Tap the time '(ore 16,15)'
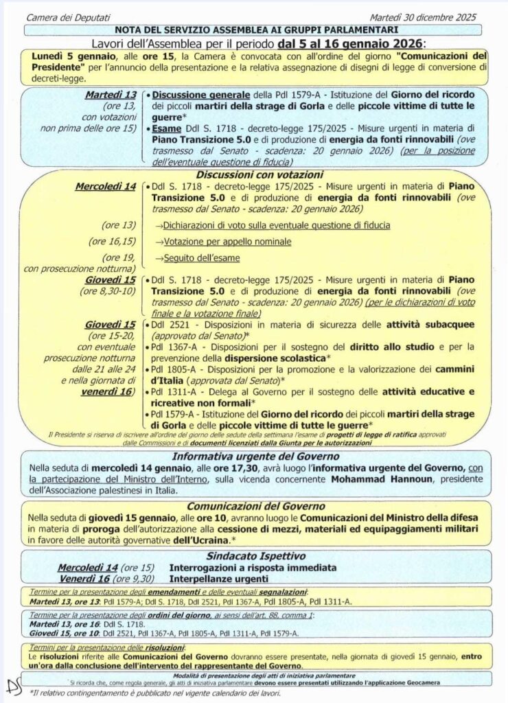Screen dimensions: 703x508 pyautogui.click(x=112, y=242)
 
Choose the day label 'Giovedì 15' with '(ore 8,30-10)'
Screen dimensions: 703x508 pyautogui.click(x=111, y=280)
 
